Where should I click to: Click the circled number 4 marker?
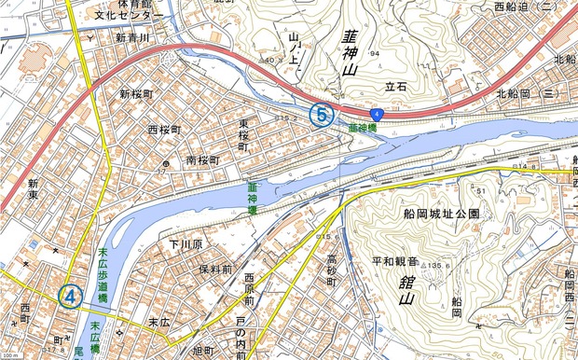[x=70, y=297]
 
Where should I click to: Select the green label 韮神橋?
[x=363, y=127]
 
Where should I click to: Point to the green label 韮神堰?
[x=252, y=198]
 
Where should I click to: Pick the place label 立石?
[x=396, y=87]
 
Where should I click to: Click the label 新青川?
[x=132, y=38]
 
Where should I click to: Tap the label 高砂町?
[x=331, y=270]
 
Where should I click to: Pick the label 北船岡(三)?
[x=527, y=94]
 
